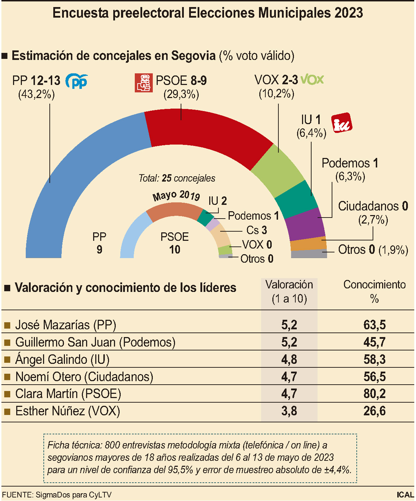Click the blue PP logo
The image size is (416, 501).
point(77,81)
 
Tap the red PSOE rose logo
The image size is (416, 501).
point(144,83)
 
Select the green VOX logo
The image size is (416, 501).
point(312,80)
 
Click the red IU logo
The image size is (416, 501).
point(341,123)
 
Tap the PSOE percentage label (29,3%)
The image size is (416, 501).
point(181,94)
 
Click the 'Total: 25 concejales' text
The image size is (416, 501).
point(177,178)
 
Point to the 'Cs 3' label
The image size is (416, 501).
point(257,230)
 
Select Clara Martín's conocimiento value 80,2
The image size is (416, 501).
point(374,393)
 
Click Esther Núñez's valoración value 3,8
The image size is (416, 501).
point(289,411)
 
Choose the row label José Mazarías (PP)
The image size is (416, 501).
point(66,325)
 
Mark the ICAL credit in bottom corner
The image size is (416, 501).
point(405,495)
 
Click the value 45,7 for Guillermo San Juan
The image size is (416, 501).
point(374,342)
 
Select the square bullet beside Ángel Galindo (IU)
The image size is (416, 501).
point(7,360)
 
